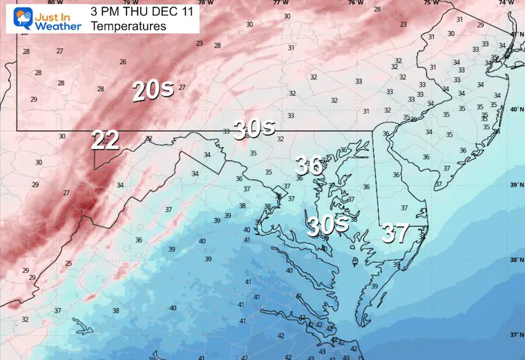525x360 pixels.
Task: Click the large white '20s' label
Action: click(x=149, y=90)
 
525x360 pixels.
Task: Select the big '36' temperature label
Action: click(x=309, y=165)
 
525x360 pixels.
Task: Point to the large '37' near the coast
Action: click(x=395, y=234)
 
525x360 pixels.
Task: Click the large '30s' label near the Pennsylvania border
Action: click(x=254, y=127)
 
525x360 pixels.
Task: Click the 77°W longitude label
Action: click(x=280, y=3)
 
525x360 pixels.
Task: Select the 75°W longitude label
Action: click(x=430, y=3)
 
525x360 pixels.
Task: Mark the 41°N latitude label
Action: click(x=516, y=34)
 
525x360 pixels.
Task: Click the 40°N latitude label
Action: click(x=516, y=109)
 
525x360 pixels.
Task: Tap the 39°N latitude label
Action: click(x=516, y=184)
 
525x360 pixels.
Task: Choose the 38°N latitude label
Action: click(x=516, y=260)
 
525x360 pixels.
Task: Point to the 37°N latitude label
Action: click(x=516, y=335)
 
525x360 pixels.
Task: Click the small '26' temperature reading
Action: click(x=122, y=61)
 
